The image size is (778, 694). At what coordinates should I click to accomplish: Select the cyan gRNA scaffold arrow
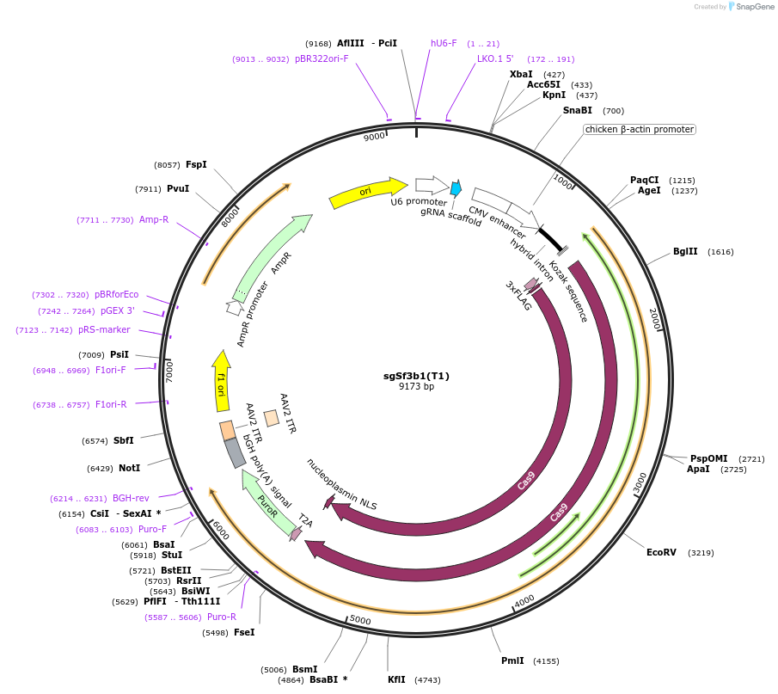click(456, 187)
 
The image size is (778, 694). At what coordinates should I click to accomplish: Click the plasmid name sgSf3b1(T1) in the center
click(416, 376)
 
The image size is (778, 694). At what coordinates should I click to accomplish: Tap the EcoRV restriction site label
click(661, 552)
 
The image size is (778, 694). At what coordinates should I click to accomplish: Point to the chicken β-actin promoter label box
click(639, 129)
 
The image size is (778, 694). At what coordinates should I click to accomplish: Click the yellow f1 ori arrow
click(221, 382)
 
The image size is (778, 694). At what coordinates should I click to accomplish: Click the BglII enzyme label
click(685, 252)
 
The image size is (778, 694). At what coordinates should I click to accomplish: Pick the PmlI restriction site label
click(512, 660)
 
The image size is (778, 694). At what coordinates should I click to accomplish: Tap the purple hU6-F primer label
click(444, 43)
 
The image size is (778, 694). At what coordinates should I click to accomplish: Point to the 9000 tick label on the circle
click(374, 138)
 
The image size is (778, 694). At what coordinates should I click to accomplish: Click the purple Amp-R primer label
click(154, 219)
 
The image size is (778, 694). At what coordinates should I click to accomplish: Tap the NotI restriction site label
click(129, 468)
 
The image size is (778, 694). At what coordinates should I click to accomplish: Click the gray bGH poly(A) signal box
click(235, 453)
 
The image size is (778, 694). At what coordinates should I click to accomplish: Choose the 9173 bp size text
click(416, 387)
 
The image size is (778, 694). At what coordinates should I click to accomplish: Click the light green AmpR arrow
click(268, 257)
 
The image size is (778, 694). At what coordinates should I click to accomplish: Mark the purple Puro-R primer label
click(221, 617)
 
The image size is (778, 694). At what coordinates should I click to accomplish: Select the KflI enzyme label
click(396, 679)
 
